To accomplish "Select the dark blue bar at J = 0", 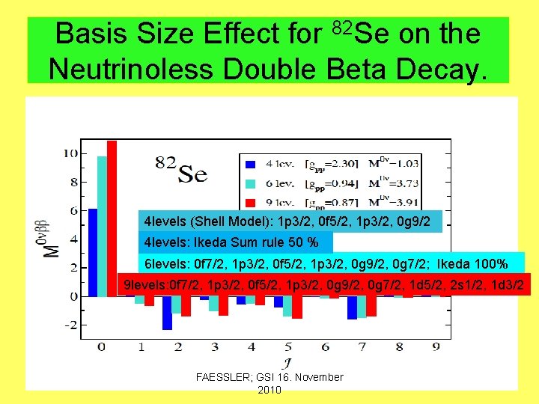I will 93,247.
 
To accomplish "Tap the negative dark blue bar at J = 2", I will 167,314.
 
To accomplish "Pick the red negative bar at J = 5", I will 297,308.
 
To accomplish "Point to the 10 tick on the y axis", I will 70,153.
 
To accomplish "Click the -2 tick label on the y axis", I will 69,325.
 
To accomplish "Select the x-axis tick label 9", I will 436,346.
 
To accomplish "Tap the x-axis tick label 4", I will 251,346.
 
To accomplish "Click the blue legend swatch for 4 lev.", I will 252,163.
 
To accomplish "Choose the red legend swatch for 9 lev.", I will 252,201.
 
